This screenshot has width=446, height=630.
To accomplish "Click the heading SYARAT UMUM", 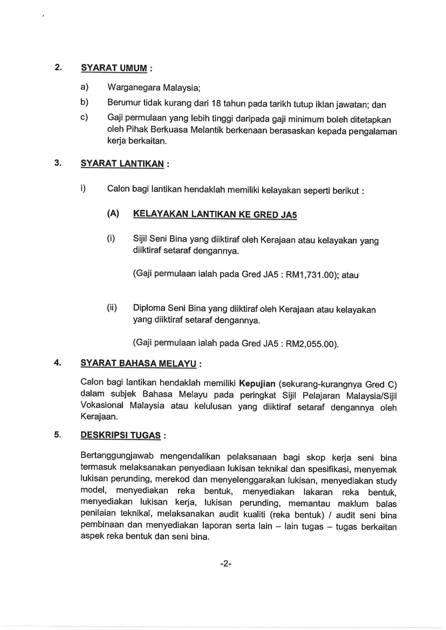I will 114,68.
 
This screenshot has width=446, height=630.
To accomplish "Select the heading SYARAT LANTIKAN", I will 122,164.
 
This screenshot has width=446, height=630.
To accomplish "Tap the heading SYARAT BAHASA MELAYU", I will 138,363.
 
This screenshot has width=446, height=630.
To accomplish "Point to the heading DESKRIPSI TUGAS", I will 120,435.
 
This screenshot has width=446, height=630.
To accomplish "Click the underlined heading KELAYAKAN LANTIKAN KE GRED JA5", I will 215,214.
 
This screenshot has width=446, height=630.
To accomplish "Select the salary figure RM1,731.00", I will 310,275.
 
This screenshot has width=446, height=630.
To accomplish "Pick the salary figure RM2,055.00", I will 310,344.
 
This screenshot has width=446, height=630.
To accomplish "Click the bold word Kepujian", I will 257,384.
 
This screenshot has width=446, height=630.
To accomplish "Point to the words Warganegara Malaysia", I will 154,88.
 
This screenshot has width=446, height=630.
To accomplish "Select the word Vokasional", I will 102,405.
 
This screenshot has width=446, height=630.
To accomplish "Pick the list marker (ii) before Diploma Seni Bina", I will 112,308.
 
